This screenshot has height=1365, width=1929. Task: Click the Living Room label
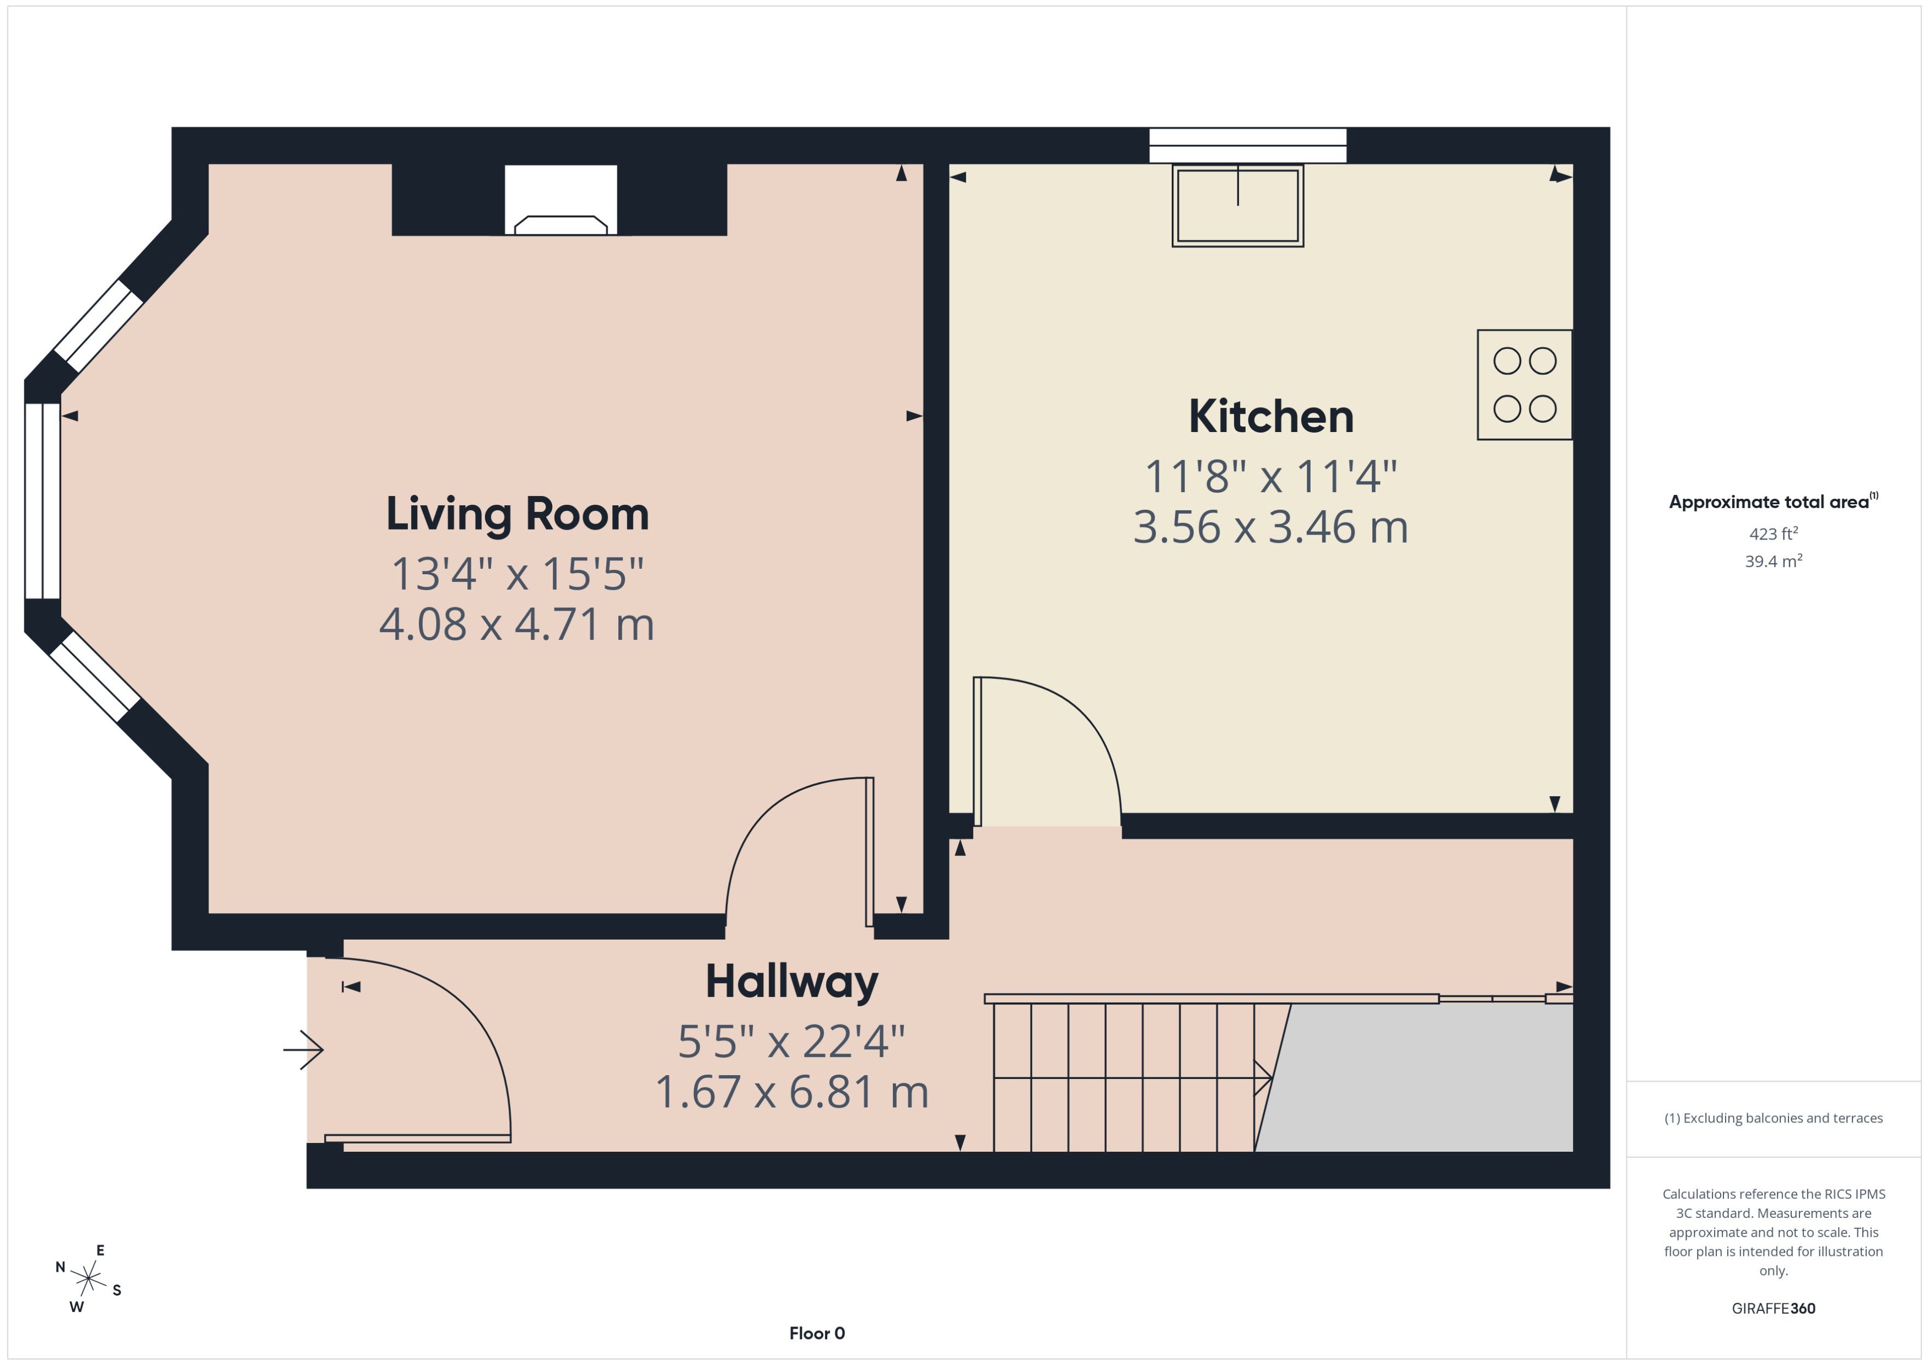(517, 514)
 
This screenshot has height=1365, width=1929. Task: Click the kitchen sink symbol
(1237, 206)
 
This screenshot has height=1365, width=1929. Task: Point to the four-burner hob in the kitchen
(1524, 385)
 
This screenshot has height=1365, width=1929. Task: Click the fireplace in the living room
(561, 202)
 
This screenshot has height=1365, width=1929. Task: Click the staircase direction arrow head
(1263, 1077)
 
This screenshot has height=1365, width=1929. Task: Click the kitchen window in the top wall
(1247, 145)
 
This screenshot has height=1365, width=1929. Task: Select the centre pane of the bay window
(42, 501)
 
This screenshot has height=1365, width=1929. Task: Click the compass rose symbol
(88, 1279)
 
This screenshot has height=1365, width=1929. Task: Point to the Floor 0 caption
(816, 1333)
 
